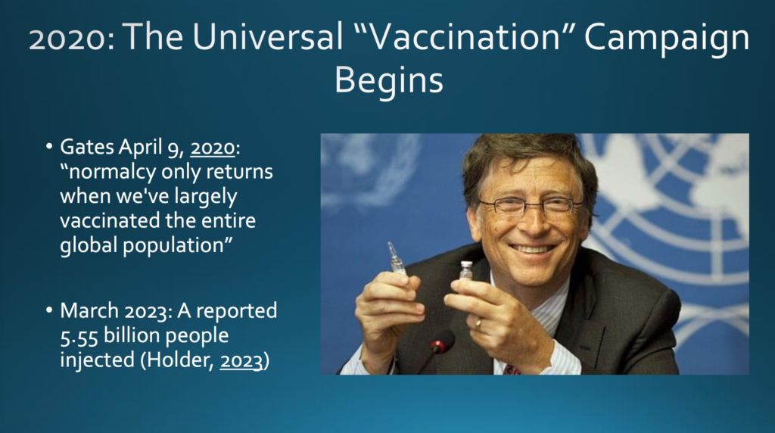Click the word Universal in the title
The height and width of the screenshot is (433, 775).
pos(267,37)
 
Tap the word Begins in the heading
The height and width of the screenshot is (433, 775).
pos(389,81)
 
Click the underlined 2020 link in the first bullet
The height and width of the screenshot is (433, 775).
pos(213,148)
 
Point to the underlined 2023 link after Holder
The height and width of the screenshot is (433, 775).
pos(241,360)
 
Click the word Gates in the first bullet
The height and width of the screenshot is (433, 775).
pos(87,147)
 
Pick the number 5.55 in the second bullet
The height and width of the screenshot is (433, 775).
pos(79,335)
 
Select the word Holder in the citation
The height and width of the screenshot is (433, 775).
pos(180,360)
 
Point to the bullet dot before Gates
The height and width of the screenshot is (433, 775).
pos(49,147)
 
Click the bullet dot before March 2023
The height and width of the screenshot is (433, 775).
pos(49,310)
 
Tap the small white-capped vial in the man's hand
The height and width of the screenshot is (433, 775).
pos(466,270)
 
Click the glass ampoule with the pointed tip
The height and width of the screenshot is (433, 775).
pos(397,258)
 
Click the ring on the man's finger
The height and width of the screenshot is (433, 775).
pos(478,324)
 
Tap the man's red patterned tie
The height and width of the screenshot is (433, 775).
pos(512,369)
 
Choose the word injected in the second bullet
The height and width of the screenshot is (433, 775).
pos(97,360)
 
